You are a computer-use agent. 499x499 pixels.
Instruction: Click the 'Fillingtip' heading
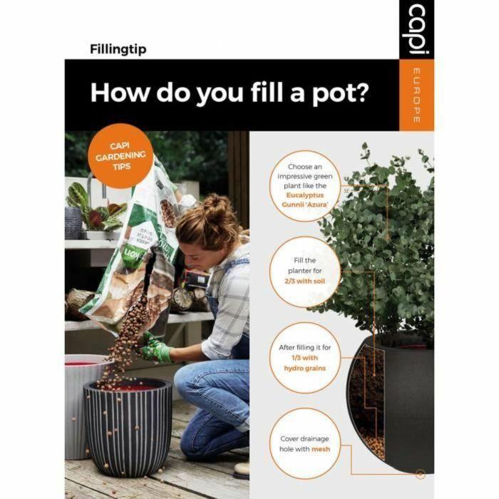[118, 49]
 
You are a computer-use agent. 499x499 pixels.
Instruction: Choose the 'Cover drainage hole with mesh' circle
[306, 443]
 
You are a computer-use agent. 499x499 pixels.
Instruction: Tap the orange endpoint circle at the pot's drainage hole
[420, 473]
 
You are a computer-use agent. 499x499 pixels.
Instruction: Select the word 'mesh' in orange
[320, 450]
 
